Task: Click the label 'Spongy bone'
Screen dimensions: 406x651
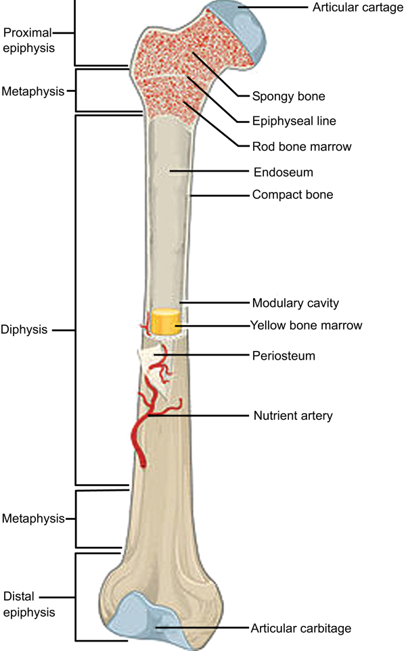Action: click(x=288, y=96)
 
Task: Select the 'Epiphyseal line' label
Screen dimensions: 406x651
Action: click(x=294, y=121)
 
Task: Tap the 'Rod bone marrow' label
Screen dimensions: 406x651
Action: click(x=302, y=147)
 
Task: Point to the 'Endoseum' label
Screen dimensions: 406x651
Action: click(x=284, y=172)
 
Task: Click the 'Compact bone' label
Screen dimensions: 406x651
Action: click(x=292, y=195)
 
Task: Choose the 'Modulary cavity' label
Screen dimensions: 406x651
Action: click(x=296, y=303)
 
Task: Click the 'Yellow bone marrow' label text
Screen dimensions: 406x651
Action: click(x=307, y=325)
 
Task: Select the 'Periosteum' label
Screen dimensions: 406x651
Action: click(x=284, y=356)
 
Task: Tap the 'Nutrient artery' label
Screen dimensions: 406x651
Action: click(x=293, y=416)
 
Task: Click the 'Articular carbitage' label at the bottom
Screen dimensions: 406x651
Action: click(x=301, y=628)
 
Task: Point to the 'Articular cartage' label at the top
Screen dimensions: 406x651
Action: click(x=358, y=7)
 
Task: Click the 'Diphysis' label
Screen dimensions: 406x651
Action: click(x=24, y=330)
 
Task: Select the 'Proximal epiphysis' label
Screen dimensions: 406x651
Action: click(x=28, y=41)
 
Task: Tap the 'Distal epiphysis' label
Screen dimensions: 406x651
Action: click(x=28, y=604)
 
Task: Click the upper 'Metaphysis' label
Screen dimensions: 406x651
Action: click(x=33, y=91)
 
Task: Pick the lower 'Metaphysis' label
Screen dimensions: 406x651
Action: click(x=33, y=518)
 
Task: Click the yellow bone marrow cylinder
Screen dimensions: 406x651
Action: click(x=165, y=321)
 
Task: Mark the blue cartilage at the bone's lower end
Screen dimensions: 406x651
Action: click(x=152, y=619)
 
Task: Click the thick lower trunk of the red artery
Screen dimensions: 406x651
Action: click(x=137, y=440)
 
